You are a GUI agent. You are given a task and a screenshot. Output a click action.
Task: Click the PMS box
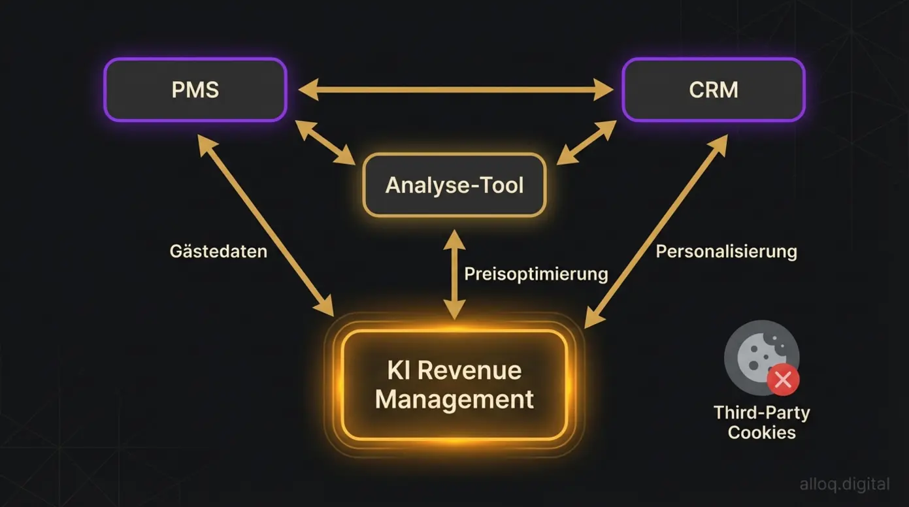coord(195,90)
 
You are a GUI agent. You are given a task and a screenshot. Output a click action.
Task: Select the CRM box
coord(713,90)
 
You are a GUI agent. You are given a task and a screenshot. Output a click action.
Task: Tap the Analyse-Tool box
coord(454,185)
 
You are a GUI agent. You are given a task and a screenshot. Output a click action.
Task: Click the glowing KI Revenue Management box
coord(454,384)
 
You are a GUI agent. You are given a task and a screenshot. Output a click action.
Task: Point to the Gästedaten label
coord(218,252)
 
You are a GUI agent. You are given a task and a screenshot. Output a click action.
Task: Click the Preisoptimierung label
coord(536,273)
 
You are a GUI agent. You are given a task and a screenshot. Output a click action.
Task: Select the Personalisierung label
coord(726,252)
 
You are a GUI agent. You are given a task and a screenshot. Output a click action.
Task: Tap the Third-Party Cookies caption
coord(761,422)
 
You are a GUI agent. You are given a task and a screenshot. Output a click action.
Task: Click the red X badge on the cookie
coord(783,379)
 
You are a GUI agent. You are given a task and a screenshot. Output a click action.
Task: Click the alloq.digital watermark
coord(844,484)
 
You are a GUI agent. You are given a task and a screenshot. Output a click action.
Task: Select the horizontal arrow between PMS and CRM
coord(454,90)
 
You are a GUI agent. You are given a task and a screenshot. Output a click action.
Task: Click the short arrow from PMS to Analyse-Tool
coord(325,141)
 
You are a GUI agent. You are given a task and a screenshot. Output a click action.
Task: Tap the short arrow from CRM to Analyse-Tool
coord(586,142)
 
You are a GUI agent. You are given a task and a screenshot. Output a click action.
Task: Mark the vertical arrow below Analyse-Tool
coord(454,274)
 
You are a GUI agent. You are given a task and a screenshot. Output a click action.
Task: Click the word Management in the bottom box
coord(454,399)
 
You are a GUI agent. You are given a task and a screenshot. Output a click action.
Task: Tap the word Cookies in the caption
coord(761,433)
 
